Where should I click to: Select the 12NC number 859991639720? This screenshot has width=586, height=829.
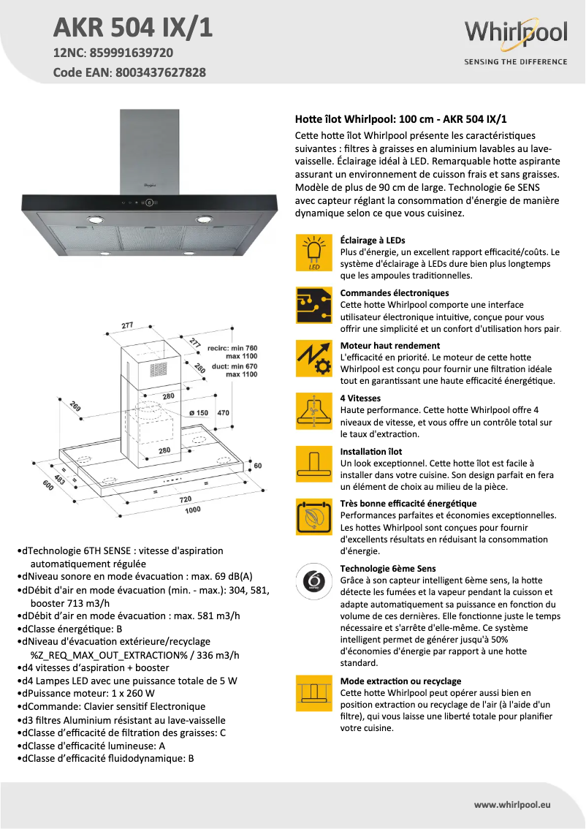(131, 53)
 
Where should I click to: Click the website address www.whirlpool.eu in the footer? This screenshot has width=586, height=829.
(511, 804)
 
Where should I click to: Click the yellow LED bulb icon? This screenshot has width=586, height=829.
(314, 253)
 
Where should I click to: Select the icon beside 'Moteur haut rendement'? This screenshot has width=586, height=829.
(314, 359)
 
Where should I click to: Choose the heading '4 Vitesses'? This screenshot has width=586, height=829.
(360, 398)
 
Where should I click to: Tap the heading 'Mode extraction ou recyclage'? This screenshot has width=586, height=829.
(400, 681)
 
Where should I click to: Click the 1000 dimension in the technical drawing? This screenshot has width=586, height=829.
(192, 510)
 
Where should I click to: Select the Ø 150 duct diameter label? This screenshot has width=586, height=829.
(199, 413)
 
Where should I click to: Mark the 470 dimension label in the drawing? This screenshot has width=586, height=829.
(224, 413)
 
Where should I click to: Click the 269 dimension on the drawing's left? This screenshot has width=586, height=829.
(76, 406)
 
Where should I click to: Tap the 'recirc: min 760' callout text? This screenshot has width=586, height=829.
(232, 348)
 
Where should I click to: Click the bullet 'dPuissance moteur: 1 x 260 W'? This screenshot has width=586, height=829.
(88, 693)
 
